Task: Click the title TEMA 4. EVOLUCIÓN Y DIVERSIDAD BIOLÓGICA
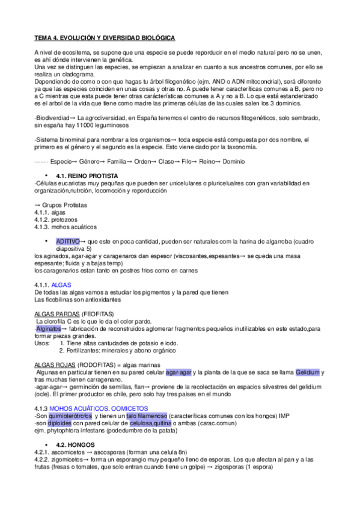pos(105,38)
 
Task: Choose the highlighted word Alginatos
pos(48,329)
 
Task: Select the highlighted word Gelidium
pos(307,373)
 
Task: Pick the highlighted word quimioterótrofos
pos(70,416)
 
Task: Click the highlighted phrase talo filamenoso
pos(146,416)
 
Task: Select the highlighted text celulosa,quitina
pos(154,423)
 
